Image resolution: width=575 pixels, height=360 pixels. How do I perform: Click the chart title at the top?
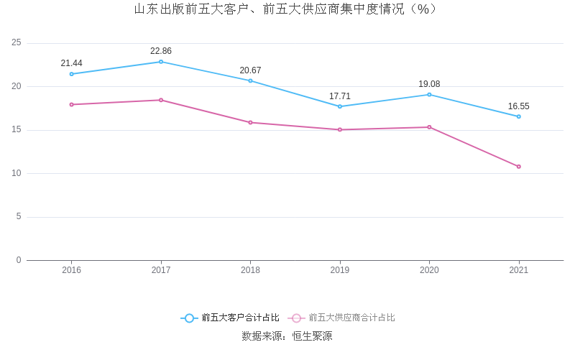287,9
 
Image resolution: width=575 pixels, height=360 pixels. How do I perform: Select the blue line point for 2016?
71,74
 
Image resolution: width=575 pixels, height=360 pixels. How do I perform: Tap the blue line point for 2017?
161,62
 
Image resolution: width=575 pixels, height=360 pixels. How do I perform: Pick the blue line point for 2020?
429,95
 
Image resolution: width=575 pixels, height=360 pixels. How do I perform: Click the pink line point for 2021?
518,167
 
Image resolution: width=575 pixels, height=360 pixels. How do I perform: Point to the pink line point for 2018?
250,122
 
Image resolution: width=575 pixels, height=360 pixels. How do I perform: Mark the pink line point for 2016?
71,104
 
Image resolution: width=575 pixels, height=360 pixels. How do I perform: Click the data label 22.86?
161,51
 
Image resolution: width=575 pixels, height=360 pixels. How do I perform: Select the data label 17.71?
340,96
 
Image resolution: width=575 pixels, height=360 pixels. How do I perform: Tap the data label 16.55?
518,106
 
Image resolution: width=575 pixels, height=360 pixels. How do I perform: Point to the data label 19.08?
429,84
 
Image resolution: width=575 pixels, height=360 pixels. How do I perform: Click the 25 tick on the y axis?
17,43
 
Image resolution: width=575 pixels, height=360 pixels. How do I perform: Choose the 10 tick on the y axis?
17,173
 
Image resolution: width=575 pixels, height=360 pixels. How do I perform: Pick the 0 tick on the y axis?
19,260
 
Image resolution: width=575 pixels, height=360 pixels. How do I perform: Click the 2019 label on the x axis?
340,270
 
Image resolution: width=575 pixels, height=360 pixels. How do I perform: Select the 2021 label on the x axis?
518,270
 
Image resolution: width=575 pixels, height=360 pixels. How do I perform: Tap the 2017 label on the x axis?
161,270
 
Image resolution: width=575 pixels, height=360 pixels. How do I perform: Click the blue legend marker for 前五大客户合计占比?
189,318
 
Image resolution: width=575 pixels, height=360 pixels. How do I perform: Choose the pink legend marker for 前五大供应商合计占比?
296,318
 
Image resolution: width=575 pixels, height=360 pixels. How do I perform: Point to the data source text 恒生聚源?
312,336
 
